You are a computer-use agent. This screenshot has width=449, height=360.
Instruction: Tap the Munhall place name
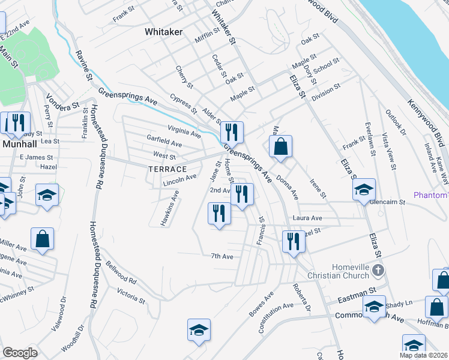click(x=20, y=144)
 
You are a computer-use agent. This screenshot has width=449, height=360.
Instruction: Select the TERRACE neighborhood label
click(x=167, y=169)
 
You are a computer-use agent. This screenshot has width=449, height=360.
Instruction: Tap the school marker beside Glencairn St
click(x=363, y=190)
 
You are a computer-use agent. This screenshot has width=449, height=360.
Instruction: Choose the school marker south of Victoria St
click(x=199, y=330)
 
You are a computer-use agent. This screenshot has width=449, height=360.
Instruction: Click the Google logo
click(x=20, y=353)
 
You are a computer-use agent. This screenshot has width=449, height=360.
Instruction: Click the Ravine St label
click(x=83, y=65)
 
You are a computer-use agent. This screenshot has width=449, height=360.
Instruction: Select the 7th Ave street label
click(x=221, y=256)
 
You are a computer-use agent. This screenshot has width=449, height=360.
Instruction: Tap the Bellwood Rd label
click(x=122, y=273)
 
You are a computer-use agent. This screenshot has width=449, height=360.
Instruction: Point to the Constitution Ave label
click(x=276, y=317)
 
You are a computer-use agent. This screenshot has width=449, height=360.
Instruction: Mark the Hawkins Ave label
click(x=170, y=207)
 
